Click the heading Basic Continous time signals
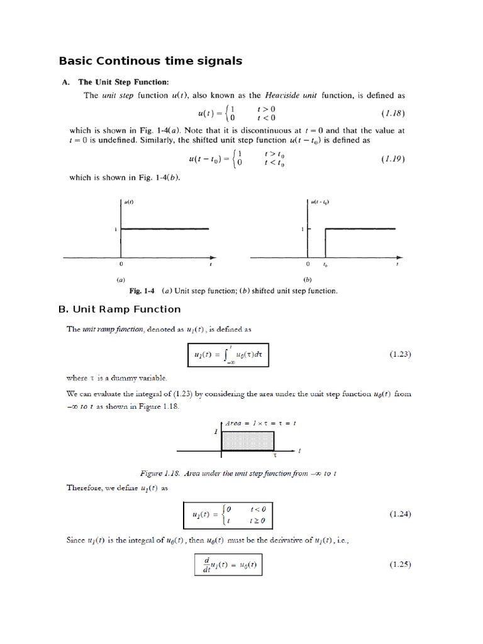point(150,61)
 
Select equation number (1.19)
point(394,160)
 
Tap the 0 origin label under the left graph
point(121,265)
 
